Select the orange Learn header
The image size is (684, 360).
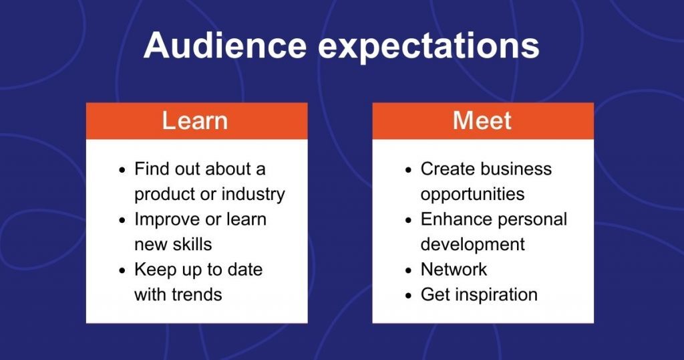pos(195,120)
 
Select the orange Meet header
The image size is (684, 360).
pos(482,120)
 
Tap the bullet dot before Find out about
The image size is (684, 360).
pos(122,170)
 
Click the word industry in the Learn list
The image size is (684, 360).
pos(254,194)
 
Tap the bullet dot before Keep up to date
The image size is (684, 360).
pos(122,270)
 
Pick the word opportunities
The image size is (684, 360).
pos(472,194)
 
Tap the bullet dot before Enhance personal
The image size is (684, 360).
pos(408,220)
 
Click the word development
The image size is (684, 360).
pos(472,244)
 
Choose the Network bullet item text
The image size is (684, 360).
pos(454,270)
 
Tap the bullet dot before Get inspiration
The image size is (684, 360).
pos(408,296)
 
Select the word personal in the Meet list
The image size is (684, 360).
pos(531,219)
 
